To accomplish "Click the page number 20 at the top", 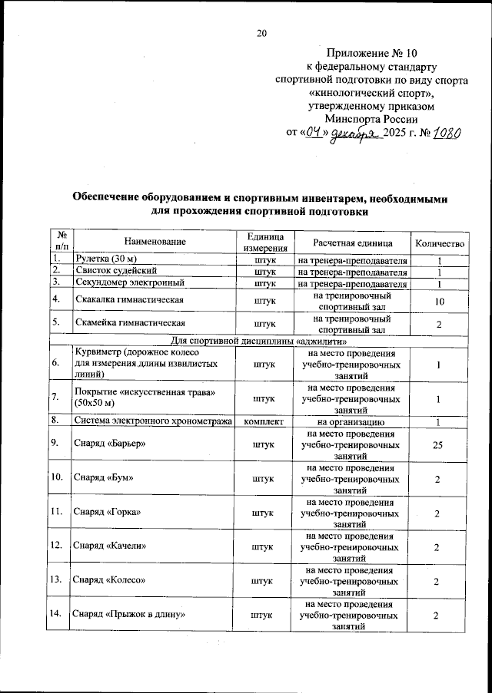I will tap(261, 32).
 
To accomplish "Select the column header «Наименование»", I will tap(154, 242).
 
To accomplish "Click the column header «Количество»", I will tap(439, 242).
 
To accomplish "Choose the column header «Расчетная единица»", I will tap(352, 242).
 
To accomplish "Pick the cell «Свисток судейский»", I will tap(116, 272).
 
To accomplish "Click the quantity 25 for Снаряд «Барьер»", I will tap(438, 444).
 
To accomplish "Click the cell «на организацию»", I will tap(351, 421).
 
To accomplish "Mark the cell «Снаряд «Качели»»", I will tap(109, 546).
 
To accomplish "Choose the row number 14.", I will tap(55, 615).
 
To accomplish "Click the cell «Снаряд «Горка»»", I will tap(107, 512).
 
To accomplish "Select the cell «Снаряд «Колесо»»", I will tap(109, 581).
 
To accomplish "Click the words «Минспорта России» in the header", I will tap(371, 119).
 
